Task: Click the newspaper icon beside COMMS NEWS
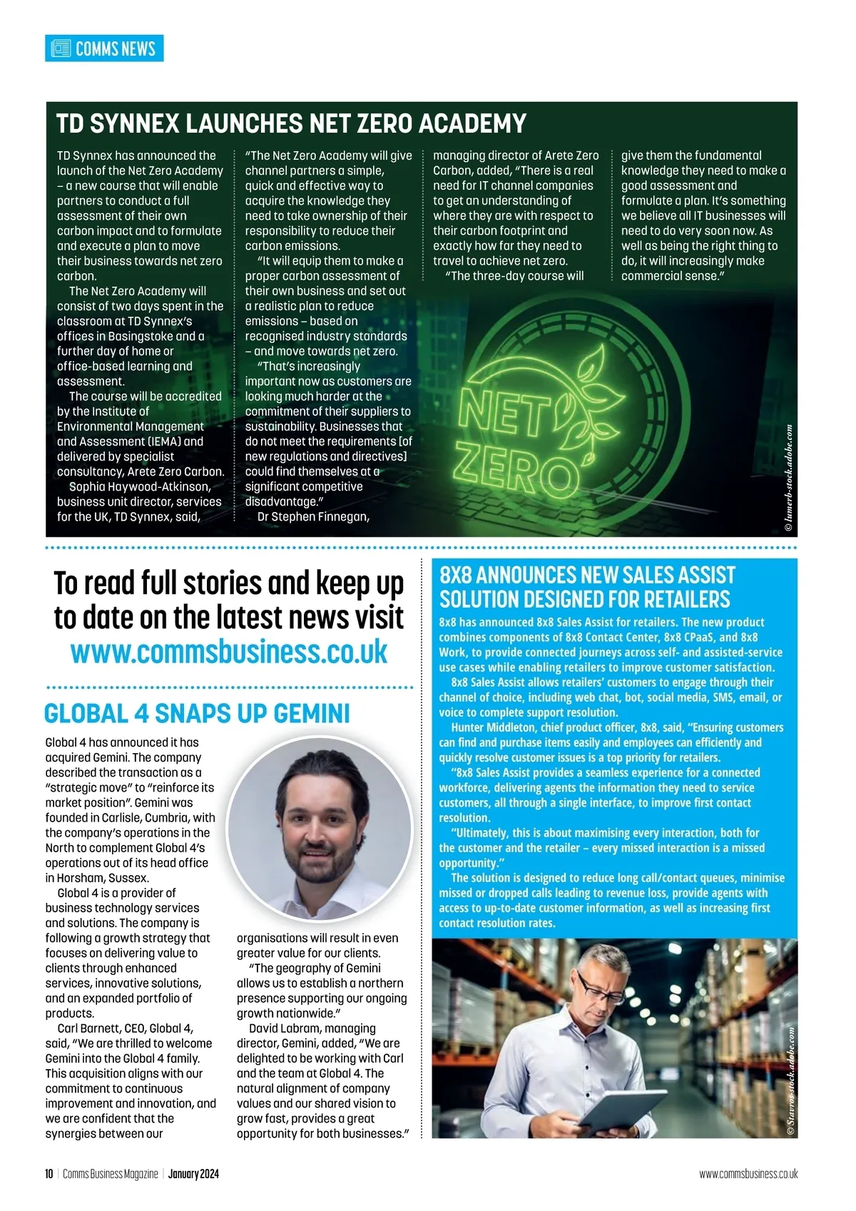point(61,48)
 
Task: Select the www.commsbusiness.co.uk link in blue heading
point(229,652)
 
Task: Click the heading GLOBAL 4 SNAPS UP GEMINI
point(197,714)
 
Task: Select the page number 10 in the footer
point(49,1174)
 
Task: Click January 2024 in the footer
point(193,1174)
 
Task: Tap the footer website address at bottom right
point(748,1174)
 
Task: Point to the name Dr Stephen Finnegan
point(313,517)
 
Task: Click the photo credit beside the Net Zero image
point(788,478)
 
